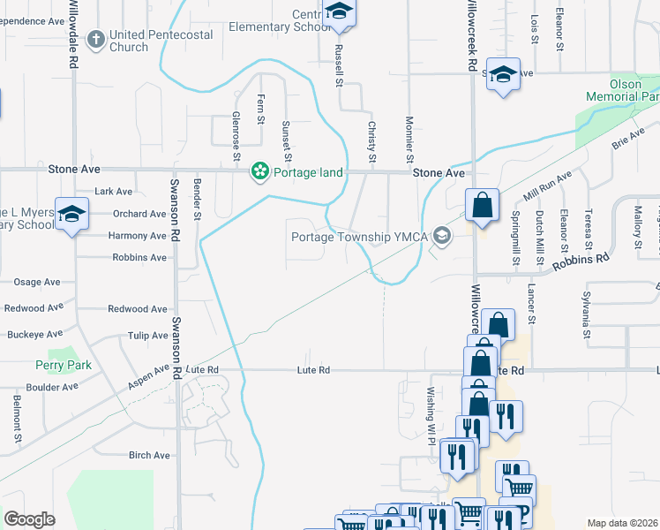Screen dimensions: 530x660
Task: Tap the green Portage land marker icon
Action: (x=260, y=171)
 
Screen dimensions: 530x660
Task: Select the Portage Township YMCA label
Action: (x=363, y=236)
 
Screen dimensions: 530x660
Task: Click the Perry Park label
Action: (x=58, y=364)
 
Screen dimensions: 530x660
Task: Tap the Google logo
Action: (x=30, y=519)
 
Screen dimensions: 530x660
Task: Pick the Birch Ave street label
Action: (x=148, y=455)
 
